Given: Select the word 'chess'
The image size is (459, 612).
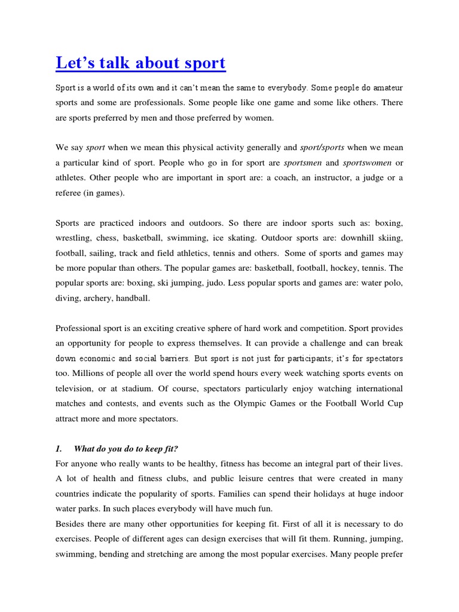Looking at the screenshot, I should click(x=114, y=238).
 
